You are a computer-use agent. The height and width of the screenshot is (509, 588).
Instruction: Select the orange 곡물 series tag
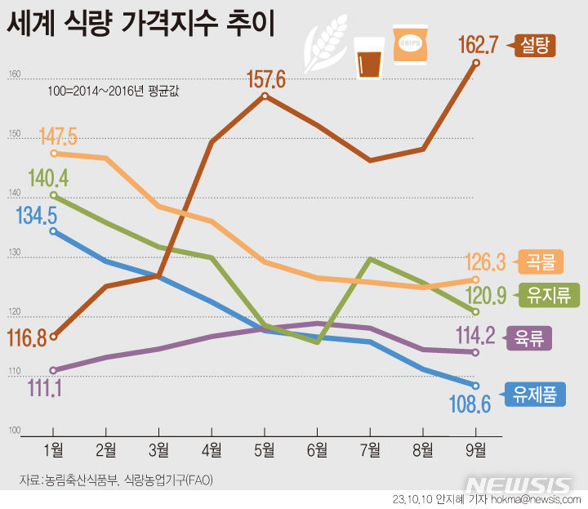(536, 262)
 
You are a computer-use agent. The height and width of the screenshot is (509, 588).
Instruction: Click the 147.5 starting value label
(57, 135)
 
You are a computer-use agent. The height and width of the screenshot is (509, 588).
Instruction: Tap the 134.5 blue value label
(36, 216)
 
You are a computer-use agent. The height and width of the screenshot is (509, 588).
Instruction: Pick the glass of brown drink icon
(368, 57)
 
